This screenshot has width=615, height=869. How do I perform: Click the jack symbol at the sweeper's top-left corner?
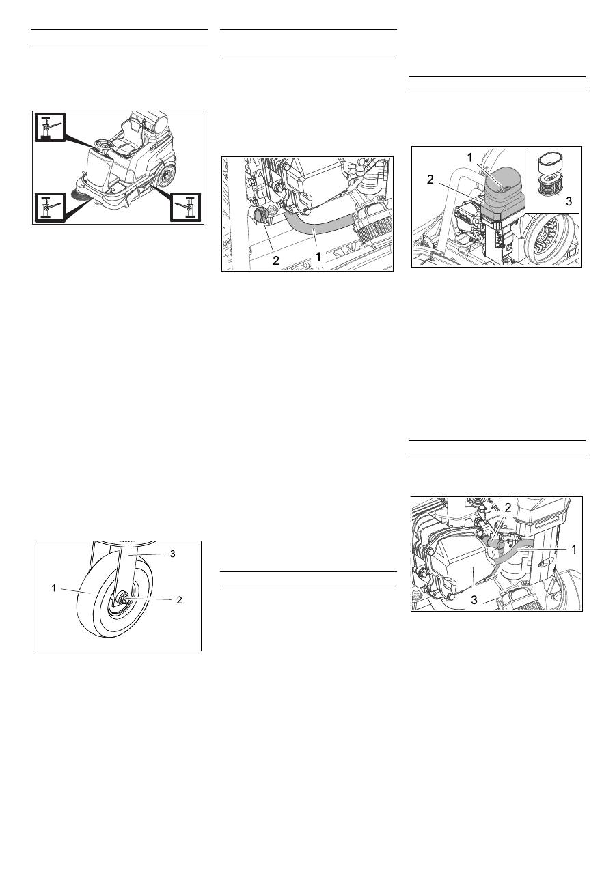point(49,126)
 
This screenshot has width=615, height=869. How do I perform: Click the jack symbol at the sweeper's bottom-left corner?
point(49,207)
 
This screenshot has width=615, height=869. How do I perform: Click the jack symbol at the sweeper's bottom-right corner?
point(185,207)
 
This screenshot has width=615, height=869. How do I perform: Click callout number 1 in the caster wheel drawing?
point(53,588)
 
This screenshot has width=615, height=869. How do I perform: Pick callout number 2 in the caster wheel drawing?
point(179,600)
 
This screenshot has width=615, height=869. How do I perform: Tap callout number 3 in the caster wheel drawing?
point(172,554)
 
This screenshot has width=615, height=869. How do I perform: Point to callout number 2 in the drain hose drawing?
point(275,260)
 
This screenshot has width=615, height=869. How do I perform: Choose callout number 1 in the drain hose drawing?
point(318,257)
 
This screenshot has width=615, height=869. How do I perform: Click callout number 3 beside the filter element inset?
point(569,201)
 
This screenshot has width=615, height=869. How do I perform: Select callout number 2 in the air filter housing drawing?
point(430,180)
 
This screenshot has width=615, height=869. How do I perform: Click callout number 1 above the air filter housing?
point(470,157)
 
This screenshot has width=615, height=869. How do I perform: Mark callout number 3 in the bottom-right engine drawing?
point(474,600)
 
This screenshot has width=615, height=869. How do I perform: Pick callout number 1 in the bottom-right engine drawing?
point(574,549)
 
